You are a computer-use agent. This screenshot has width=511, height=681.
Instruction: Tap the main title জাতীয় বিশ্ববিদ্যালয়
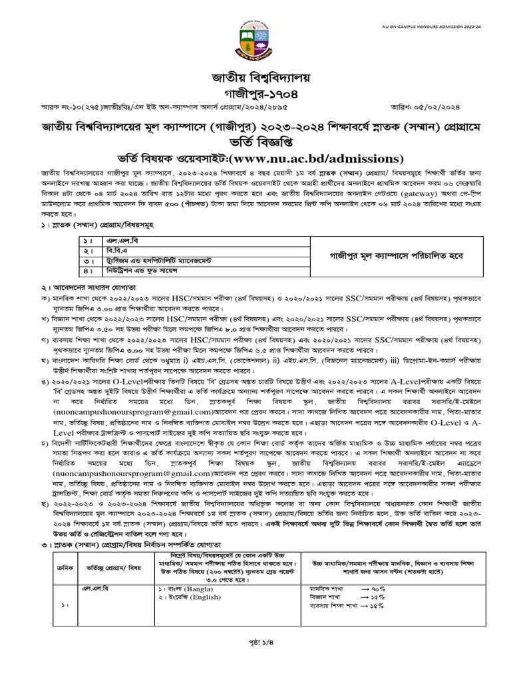coord(255,78)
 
